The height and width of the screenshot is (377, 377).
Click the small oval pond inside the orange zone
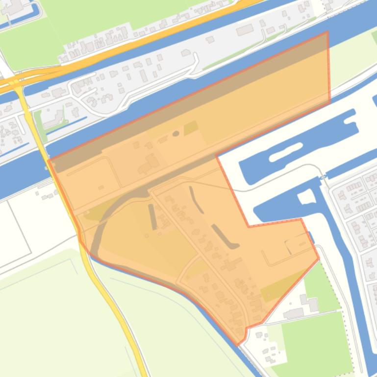[176, 134]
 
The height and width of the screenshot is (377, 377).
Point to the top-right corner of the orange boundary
[327, 32]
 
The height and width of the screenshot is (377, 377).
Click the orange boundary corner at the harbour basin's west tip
[217, 157]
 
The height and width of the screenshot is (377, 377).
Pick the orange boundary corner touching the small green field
[319, 258]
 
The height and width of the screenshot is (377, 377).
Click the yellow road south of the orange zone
[118, 313]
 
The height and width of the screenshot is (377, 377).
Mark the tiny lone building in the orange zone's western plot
[101, 187]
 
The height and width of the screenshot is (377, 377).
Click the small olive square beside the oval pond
[191, 128]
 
